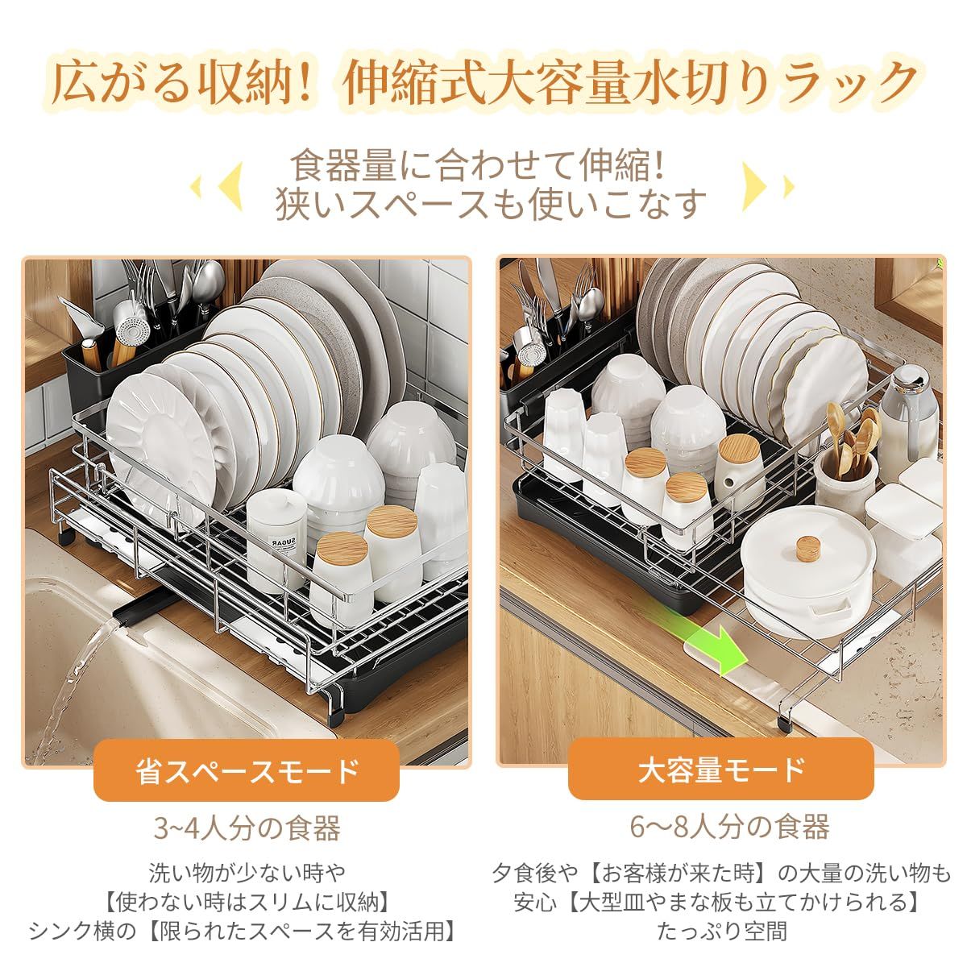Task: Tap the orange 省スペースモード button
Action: (247, 771)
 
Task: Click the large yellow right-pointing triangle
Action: (754, 186)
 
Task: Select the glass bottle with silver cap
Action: (908, 421)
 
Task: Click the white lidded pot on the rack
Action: (808, 573)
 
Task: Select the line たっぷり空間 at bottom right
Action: (722, 932)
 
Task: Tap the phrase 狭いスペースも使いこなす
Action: (492, 204)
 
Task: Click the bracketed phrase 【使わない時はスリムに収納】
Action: (247, 903)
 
